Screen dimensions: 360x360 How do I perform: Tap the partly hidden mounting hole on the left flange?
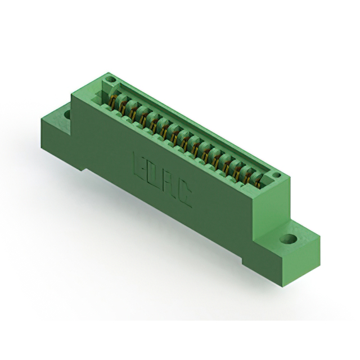(67, 115)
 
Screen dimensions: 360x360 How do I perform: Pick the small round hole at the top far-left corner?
(110, 80)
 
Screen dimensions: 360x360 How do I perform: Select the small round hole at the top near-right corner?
(276, 177)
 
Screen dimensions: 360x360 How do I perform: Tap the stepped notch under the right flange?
(250, 260)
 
